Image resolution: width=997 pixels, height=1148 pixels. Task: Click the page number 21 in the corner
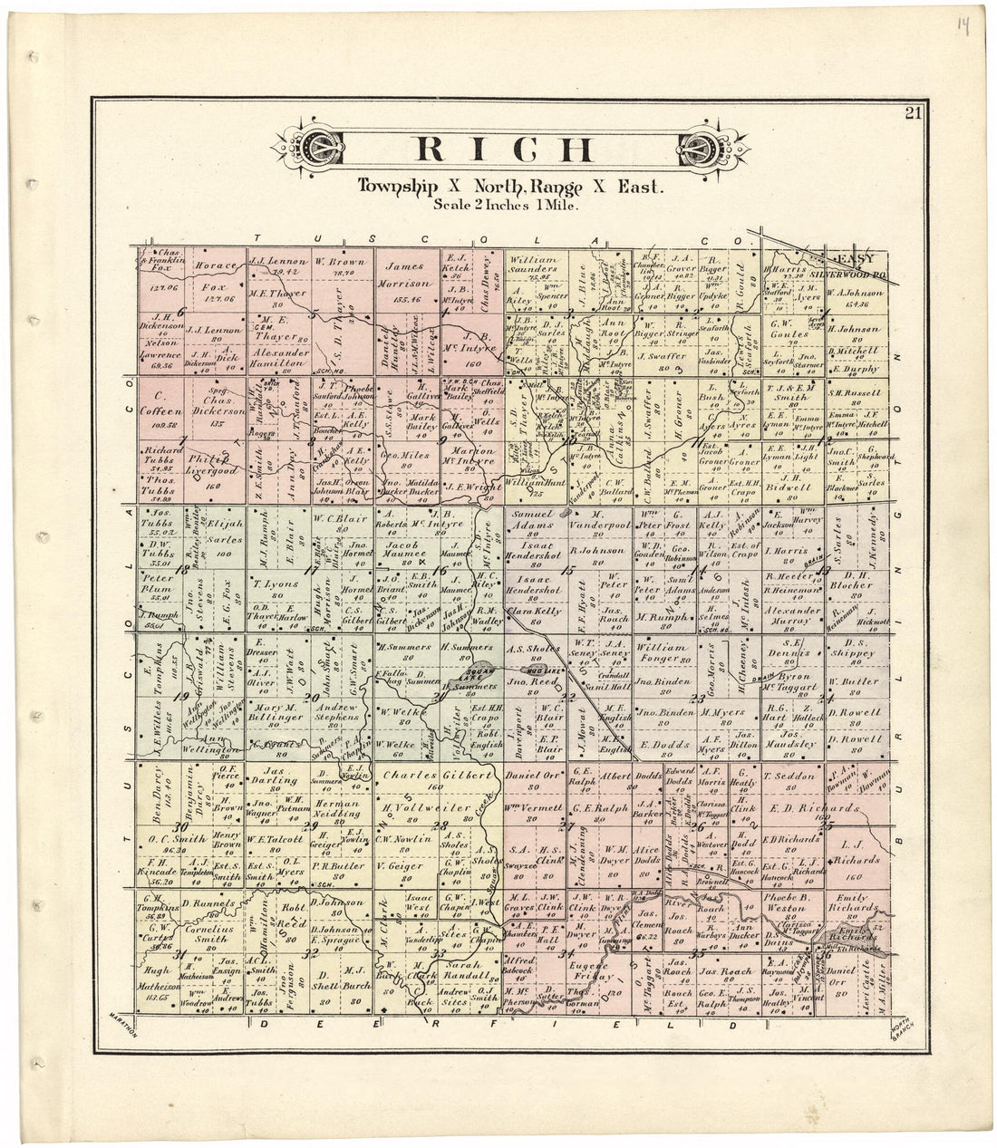tap(912, 113)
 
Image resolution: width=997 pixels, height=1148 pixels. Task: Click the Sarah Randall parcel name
tap(468, 972)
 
